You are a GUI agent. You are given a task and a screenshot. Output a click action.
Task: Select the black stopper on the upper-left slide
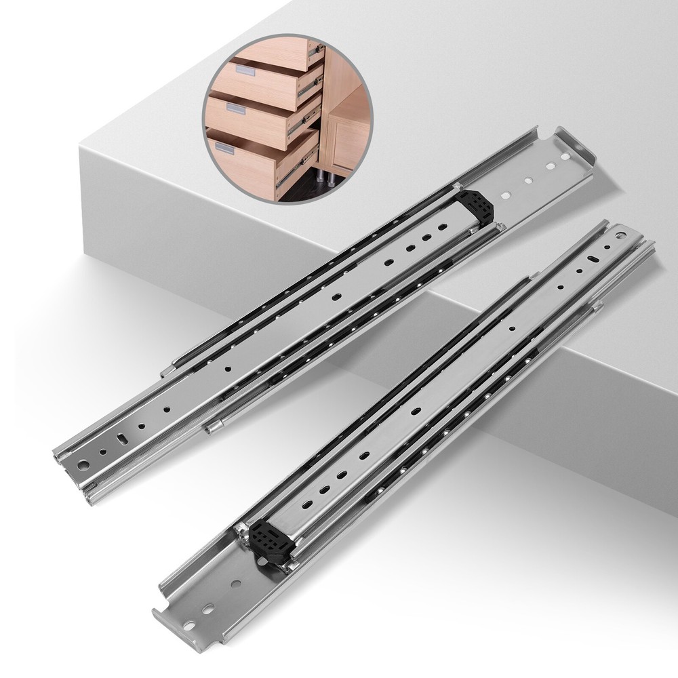[477, 206]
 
